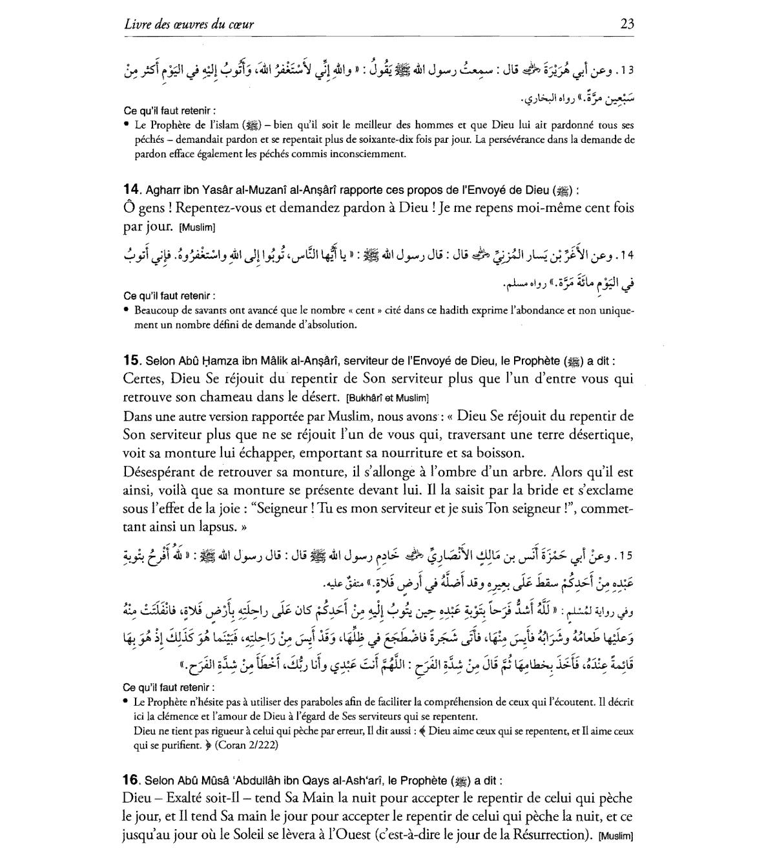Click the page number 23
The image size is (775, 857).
(x=626, y=25)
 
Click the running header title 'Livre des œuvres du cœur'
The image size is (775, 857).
(x=188, y=25)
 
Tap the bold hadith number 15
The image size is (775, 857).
(x=131, y=361)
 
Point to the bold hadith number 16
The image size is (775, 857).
(x=131, y=780)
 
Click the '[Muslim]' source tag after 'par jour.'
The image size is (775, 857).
(x=197, y=227)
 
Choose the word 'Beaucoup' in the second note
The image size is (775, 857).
(x=156, y=310)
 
